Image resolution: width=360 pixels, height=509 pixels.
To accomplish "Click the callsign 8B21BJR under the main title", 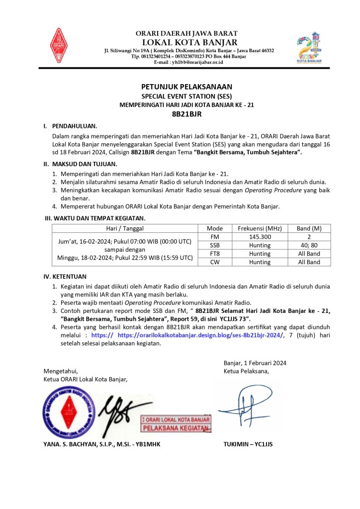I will (x=180, y=113).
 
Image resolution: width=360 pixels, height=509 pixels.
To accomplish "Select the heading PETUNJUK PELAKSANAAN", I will (x=180, y=87).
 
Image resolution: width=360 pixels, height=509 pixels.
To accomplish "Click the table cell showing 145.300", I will (x=260, y=237).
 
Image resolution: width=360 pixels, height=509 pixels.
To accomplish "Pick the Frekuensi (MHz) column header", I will (x=260, y=228).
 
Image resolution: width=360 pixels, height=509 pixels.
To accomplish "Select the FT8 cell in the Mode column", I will (x=215, y=254).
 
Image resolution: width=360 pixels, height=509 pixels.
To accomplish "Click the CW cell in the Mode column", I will (x=215, y=262).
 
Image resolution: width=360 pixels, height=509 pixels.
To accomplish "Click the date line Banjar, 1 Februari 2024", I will (x=255, y=363).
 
